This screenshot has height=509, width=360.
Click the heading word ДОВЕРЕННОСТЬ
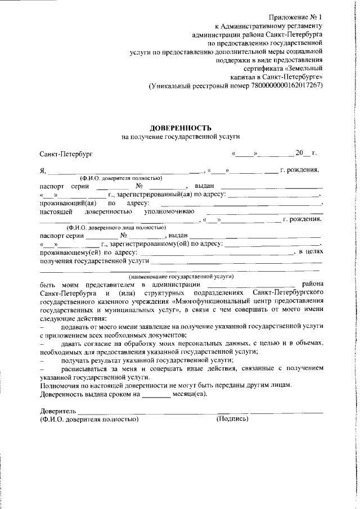(181, 128)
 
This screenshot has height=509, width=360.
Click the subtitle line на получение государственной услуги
(181, 137)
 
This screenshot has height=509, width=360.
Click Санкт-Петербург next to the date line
(66, 154)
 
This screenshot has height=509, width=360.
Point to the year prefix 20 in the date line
(299, 153)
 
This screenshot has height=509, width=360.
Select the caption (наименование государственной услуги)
(181, 277)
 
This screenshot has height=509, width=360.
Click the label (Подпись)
(232, 419)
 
